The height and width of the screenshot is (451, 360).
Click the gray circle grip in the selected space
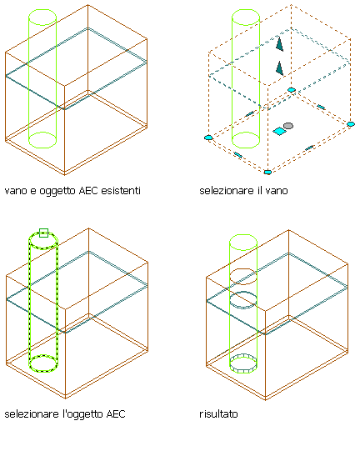point(288,126)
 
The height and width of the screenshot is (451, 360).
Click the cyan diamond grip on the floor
point(279,131)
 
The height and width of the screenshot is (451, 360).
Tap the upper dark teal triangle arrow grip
point(279,44)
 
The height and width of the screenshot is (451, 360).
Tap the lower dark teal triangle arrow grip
point(279,68)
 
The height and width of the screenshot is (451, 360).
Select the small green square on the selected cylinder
point(43,233)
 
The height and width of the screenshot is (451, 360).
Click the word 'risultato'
point(218,413)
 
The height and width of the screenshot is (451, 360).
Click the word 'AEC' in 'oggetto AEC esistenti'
point(88,190)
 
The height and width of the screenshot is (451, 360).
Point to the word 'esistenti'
point(121,190)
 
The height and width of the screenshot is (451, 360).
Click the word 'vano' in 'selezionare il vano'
point(277,191)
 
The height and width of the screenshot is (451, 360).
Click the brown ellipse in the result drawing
point(243,269)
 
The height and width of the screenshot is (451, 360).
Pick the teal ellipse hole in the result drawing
point(243,293)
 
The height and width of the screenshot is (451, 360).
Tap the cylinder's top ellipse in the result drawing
point(243,235)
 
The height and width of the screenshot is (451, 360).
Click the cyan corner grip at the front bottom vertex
point(267,173)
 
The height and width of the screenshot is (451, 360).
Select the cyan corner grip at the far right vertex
point(351,124)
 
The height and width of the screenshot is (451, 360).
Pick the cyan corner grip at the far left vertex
point(208,138)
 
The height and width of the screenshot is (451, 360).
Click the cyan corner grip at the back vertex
point(292,90)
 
